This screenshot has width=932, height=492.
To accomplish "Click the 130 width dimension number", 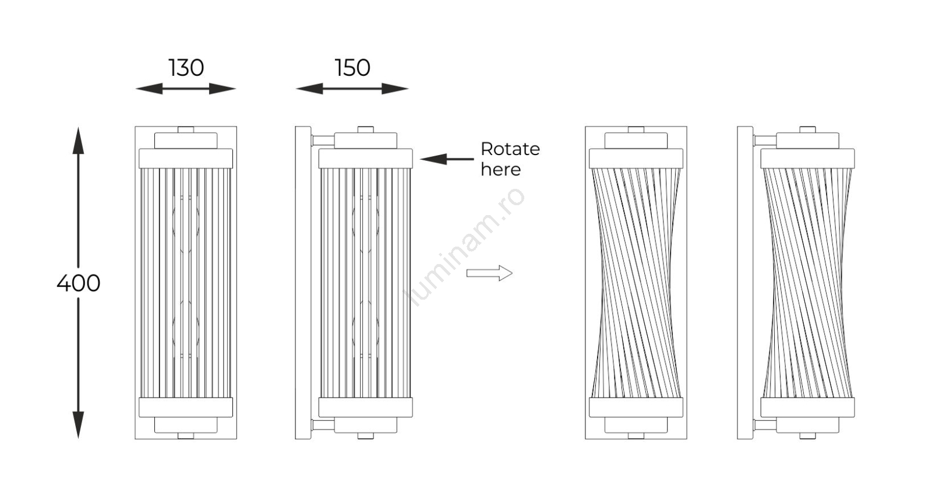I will tap(186, 68).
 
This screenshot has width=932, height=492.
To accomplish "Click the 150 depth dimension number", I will tap(352, 68).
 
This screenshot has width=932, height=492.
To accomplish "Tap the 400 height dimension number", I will tap(78, 283).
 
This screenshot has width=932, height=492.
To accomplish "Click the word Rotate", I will tap(510, 149).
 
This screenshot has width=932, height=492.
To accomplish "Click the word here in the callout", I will tap(500, 170).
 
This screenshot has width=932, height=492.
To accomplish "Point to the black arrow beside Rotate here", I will tap(446, 159).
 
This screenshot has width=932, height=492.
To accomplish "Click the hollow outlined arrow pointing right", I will tap(489, 273).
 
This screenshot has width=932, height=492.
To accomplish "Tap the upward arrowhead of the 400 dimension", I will tap(78, 140).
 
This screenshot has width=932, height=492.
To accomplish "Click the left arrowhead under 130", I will tap(149, 89).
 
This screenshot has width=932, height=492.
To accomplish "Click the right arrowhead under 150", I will tap(394, 89).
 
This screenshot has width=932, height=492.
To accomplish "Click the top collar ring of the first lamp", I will tap(186, 159).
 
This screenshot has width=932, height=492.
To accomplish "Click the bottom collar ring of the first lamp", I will tap(186, 407).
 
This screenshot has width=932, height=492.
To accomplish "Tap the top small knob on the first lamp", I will tap(186, 129).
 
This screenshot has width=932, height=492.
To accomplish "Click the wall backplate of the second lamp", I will tap(303, 283).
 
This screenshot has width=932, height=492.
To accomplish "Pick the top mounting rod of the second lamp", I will tap(323, 140).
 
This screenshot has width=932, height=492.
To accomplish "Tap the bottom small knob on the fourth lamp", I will tap(807, 435).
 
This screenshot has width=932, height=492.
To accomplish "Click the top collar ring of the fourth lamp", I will tap(807, 159).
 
